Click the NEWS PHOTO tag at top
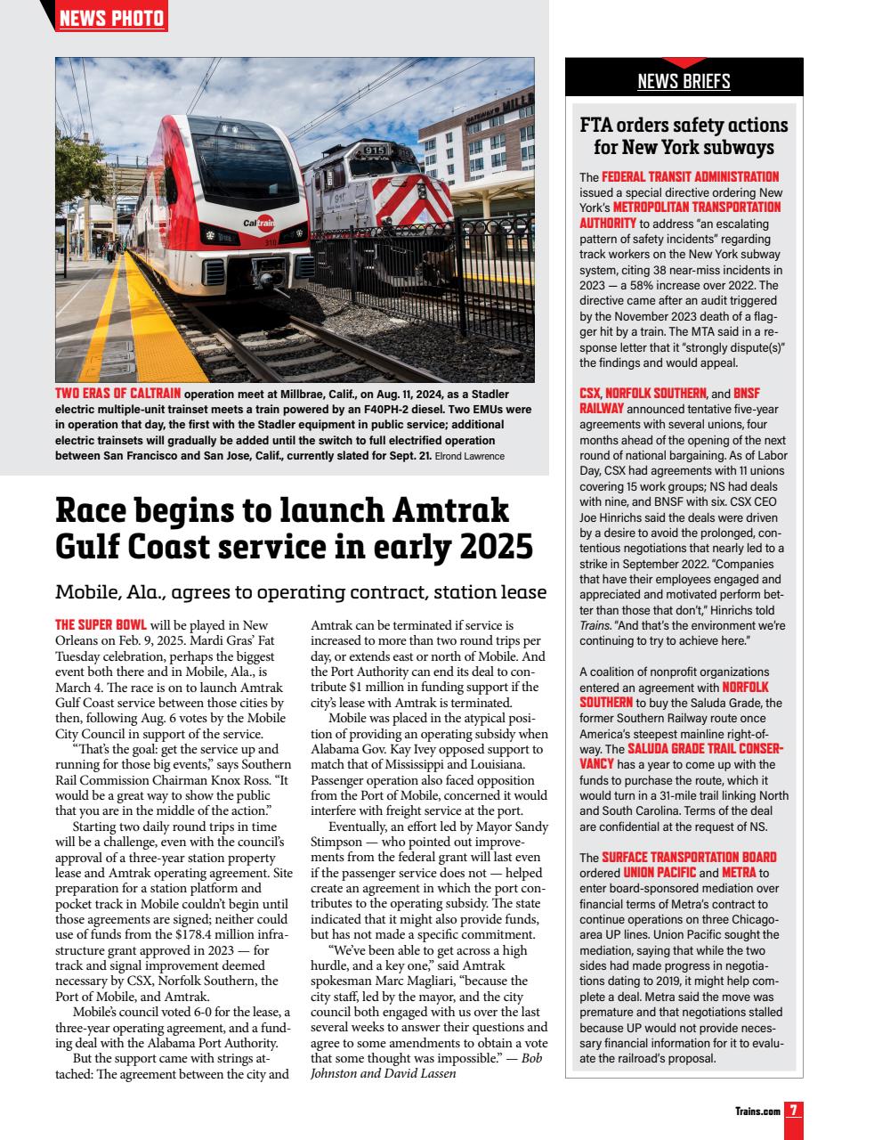click(112, 18)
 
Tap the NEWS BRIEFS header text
click(684, 82)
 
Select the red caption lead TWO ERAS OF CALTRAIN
click(118, 393)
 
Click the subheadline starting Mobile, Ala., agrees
click(301, 592)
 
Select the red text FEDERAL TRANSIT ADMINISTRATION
click(690, 177)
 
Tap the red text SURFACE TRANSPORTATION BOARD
click(690, 858)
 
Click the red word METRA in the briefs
click(739, 873)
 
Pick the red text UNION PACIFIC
click(660, 873)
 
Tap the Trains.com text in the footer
click(756, 1111)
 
